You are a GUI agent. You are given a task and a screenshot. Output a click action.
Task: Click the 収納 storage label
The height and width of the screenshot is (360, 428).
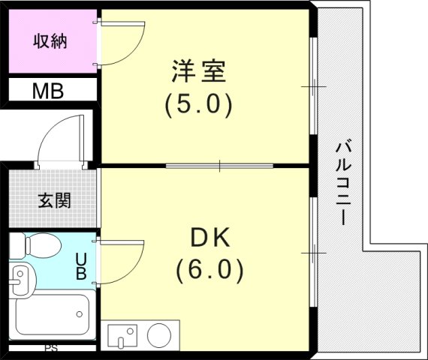pos(50,41)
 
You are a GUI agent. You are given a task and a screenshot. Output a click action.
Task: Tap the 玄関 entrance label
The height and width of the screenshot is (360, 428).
pos(54,200)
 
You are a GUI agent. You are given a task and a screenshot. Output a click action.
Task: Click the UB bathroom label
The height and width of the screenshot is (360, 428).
pos(80,266)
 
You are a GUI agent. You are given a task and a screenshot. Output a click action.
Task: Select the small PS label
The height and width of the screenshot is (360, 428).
pos(51,349)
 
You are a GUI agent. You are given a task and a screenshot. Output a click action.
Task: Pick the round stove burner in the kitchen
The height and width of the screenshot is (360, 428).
pos(159,335)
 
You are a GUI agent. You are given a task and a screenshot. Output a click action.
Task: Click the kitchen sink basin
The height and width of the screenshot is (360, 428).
pos(122,335)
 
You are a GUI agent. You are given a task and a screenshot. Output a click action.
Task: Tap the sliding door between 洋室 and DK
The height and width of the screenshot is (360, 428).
pos(219,165)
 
